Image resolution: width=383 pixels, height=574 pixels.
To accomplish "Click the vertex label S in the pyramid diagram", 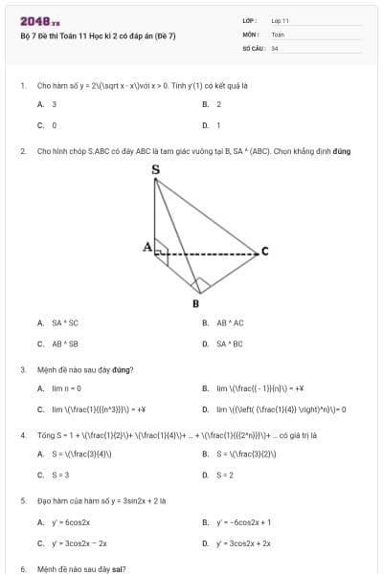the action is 156,170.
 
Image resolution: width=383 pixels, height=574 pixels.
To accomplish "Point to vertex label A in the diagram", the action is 147,247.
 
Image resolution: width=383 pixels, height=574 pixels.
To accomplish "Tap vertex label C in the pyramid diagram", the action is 265,252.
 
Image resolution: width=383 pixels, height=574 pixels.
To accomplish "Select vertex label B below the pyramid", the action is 195,304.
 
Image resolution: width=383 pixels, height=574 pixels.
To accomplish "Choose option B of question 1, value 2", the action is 218,104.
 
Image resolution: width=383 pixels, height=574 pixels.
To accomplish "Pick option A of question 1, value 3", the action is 54,104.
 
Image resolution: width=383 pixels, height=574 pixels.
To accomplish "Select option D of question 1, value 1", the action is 218,125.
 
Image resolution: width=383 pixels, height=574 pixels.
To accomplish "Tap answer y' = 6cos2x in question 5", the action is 71,522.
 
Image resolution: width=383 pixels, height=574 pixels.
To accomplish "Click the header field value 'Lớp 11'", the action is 280,20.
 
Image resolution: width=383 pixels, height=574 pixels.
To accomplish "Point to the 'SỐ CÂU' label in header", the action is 253,47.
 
